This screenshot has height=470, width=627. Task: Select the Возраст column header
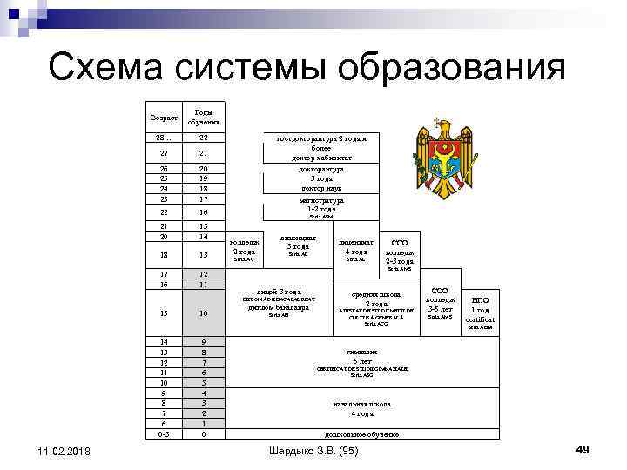pos(164,117)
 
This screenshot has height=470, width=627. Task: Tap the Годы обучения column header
pos(203,117)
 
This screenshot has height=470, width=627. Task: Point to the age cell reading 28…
pos(164,138)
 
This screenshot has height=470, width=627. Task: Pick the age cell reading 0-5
pos(164,433)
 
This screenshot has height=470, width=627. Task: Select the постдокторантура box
pos(322,148)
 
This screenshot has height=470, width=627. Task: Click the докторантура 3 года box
pos(321,178)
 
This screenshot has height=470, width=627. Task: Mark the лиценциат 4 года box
pos(356,248)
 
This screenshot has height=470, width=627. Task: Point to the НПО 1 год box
pos(480,309)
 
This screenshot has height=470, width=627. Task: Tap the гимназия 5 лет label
pos(361,356)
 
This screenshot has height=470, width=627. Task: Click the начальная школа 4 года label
pos(361,408)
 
